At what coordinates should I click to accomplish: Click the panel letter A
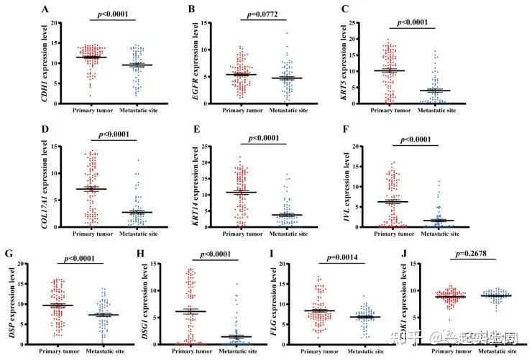45,9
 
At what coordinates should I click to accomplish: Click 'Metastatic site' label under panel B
289,111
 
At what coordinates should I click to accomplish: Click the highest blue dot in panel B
287,33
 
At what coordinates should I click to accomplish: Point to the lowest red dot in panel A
90,95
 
